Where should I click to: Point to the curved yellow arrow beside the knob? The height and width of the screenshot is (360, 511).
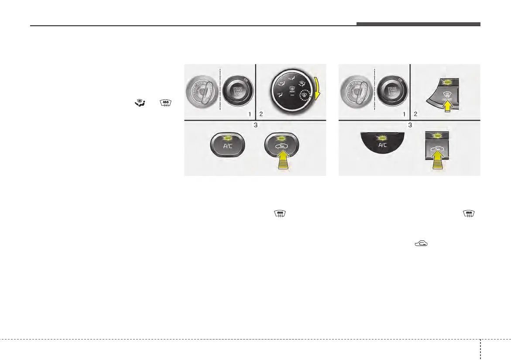pos(322,93)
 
